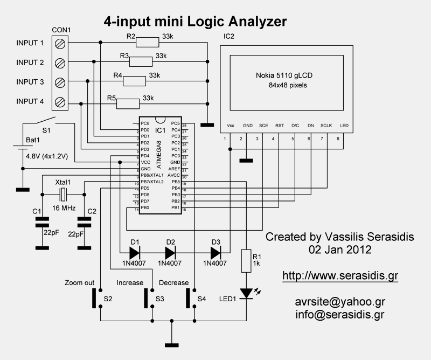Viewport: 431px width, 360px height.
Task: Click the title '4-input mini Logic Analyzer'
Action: pyautogui.click(x=194, y=21)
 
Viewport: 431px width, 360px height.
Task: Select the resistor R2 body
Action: pyautogui.click(x=145, y=42)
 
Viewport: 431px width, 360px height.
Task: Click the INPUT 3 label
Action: pyautogui.click(x=30, y=82)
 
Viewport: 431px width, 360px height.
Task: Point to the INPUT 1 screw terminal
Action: pyautogui.click(x=61, y=43)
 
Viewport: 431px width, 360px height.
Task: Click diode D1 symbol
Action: pyautogui.click(x=134, y=252)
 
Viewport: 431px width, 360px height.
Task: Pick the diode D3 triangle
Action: pyautogui.click(x=216, y=252)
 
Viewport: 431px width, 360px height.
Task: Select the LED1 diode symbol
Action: pyautogui.click(x=247, y=293)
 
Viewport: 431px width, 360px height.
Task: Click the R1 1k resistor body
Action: pyautogui.click(x=247, y=262)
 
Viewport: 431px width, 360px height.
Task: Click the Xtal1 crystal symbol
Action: pyautogui.click(x=63, y=195)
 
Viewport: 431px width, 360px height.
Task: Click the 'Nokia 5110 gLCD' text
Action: pyautogui.click(x=284, y=76)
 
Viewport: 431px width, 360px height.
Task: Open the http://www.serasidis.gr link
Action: pyautogui.click(x=340, y=276)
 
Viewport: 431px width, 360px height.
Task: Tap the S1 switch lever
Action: pyautogui.click(x=45, y=120)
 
